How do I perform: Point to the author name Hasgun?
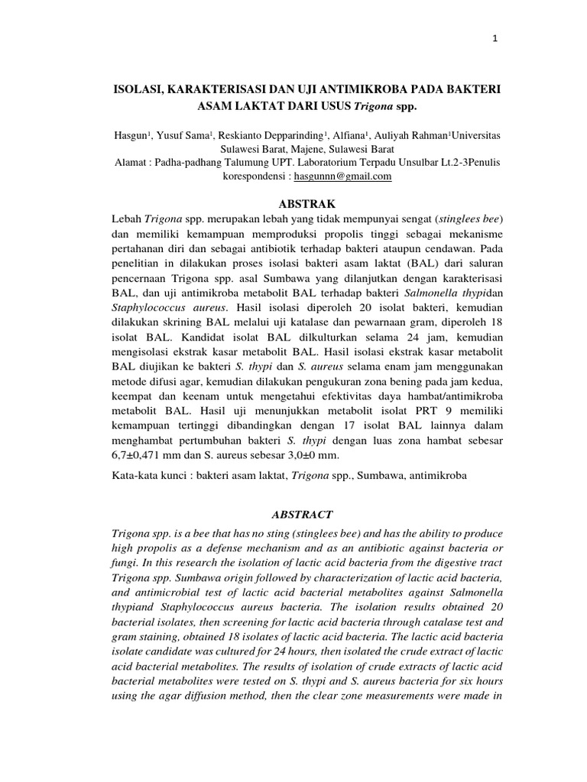[x=128, y=134]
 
